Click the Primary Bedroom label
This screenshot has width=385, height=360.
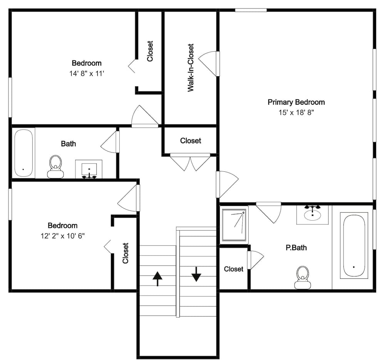[x=296, y=102]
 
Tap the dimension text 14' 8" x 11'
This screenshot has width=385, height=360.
[x=87, y=74]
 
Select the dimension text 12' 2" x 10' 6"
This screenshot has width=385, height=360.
[x=62, y=236]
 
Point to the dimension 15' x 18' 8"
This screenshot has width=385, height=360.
[x=296, y=112]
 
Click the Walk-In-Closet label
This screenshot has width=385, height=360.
[x=191, y=67]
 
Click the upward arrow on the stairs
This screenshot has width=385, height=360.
[x=157, y=278]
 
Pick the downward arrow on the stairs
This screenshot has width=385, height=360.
[x=196, y=274]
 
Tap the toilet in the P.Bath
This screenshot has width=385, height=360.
[x=302, y=278]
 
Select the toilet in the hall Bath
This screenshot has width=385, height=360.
[x=55, y=167]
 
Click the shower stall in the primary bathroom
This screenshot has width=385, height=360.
[x=234, y=225]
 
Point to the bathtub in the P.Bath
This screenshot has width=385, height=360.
[x=353, y=246]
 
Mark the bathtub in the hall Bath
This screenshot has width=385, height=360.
[x=24, y=153]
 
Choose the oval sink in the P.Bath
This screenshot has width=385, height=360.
[x=312, y=214]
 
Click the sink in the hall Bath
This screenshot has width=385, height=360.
[x=89, y=169]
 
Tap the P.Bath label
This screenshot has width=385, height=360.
[x=296, y=248]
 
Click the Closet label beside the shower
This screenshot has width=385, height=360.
[x=233, y=269]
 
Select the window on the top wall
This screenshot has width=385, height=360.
[x=251, y=10]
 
